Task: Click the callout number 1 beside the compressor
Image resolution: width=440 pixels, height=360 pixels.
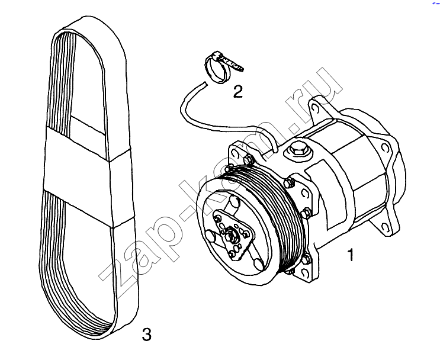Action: (x=351, y=255)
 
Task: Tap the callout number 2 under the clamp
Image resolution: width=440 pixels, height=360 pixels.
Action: (x=237, y=92)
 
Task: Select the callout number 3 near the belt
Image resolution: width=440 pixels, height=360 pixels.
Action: (x=146, y=334)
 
